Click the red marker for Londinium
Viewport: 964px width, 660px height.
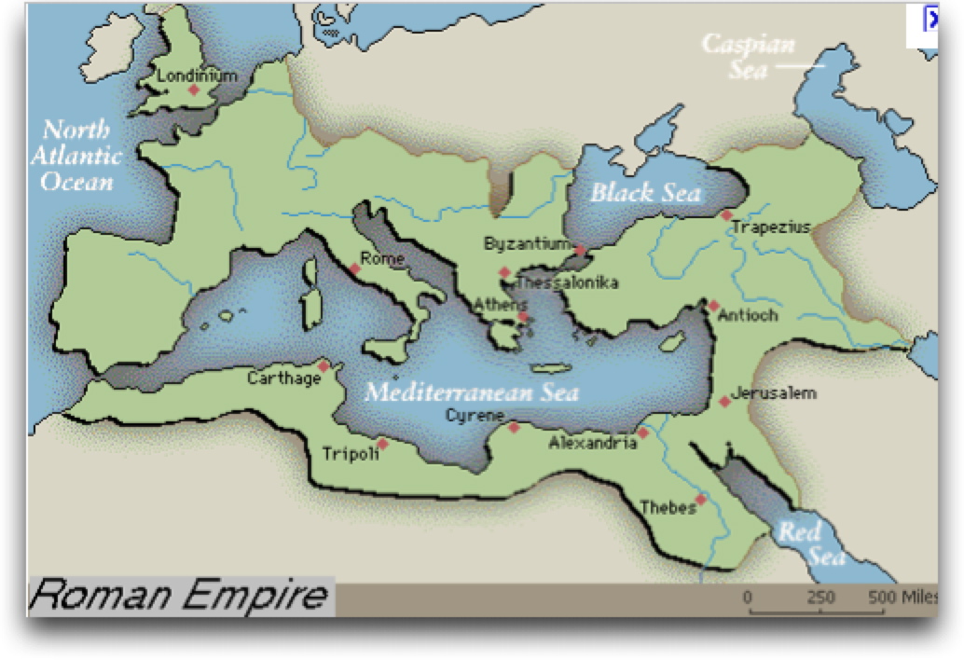(x=194, y=89)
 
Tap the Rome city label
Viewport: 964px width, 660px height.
(x=382, y=259)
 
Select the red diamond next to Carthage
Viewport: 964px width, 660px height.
(x=324, y=366)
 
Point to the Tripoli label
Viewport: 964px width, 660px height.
(x=350, y=454)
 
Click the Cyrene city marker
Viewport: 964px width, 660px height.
(x=513, y=428)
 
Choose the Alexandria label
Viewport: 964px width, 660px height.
(x=592, y=443)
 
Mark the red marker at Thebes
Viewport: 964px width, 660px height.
(x=700, y=499)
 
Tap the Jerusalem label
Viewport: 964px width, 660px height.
(x=774, y=393)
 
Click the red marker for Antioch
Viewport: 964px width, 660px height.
(x=713, y=306)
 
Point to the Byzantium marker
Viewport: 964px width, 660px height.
(x=580, y=251)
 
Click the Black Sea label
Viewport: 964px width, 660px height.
(x=646, y=193)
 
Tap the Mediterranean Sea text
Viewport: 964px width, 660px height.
(x=471, y=392)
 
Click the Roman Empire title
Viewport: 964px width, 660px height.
(x=179, y=595)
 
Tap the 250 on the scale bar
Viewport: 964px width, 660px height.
(x=820, y=597)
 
